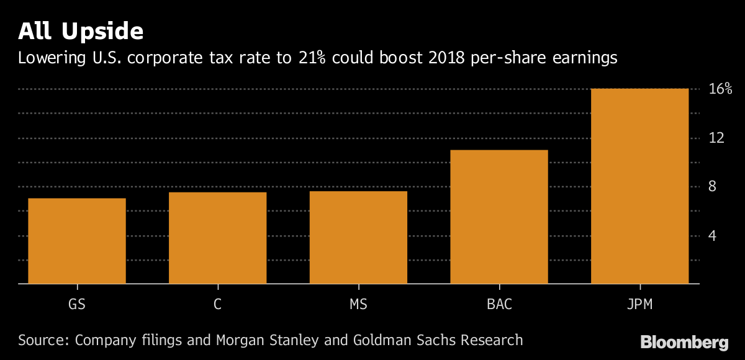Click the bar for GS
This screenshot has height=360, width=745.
77,241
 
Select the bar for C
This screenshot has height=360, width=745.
217,238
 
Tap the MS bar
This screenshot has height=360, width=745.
358,237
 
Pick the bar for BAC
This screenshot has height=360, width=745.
499,217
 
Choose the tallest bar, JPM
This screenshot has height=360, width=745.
639,186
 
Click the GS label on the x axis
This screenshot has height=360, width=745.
77,305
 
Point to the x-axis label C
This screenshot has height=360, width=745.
217,305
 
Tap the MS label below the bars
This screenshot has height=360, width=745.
358,305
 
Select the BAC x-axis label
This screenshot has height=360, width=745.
499,305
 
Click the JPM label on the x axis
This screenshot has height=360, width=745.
639,305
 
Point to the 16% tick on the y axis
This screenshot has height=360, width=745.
720,89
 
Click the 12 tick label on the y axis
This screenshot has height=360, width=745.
716,138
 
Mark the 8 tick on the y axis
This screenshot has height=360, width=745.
712,187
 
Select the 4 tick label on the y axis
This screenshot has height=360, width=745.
712,236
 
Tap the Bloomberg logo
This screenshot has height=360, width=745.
684,342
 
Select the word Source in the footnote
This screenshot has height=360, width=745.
43,340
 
